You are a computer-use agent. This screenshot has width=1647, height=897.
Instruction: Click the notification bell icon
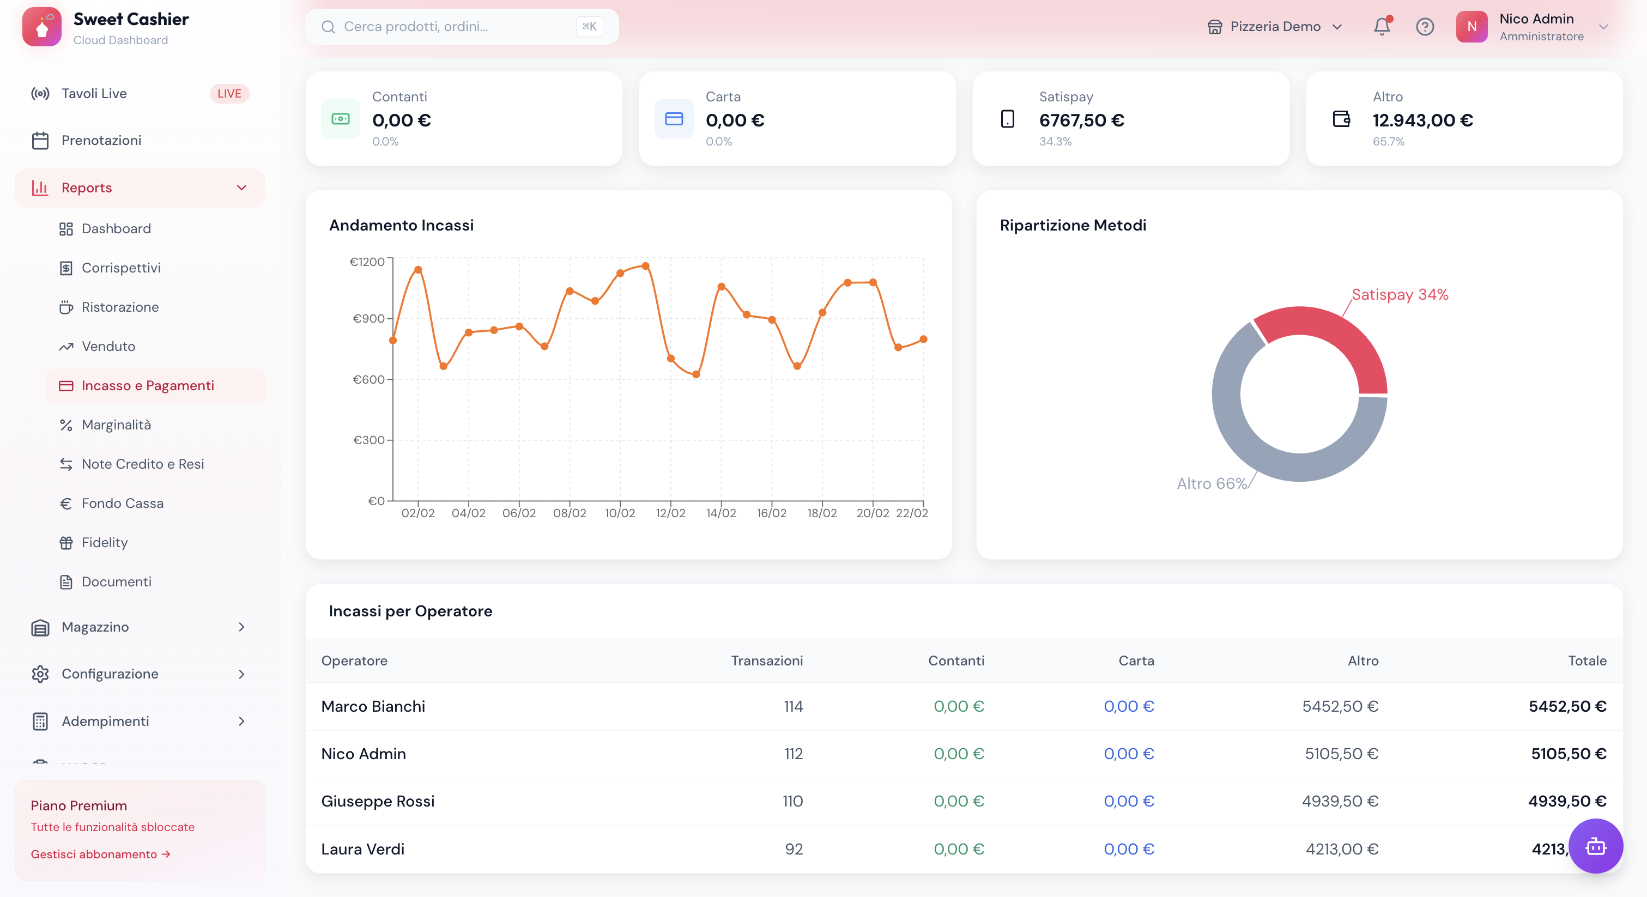(x=1381, y=27)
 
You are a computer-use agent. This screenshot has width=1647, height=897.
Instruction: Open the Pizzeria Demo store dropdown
(x=1274, y=27)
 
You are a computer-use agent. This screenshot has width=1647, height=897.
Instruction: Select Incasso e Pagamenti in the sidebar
(x=148, y=385)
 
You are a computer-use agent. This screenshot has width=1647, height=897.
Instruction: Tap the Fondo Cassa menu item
(x=122, y=503)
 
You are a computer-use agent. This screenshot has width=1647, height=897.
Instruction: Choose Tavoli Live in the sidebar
(x=94, y=93)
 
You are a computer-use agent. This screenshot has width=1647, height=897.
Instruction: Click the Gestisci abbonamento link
(x=100, y=854)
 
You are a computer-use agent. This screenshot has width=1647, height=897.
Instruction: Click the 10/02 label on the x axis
(x=620, y=513)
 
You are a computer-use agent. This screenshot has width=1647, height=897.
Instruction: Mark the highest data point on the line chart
(x=646, y=266)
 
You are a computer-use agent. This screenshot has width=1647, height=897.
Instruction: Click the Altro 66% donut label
(x=1212, y=483)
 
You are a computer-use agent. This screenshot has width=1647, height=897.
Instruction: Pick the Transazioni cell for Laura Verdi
(x=794, y=849)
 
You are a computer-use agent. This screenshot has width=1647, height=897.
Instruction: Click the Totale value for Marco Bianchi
(x=1567, y=706)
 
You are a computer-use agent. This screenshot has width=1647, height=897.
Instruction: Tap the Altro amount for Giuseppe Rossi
(x=1340, y=801)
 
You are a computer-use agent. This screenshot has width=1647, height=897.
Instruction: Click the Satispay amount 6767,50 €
(x=1081, y=120)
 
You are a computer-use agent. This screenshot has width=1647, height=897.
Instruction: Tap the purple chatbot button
(x=1595, y=846)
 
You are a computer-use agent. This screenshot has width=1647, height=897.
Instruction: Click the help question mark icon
(x=1425, y=27)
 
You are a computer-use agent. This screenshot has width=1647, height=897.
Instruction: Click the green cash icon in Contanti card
(x=341, y=119)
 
